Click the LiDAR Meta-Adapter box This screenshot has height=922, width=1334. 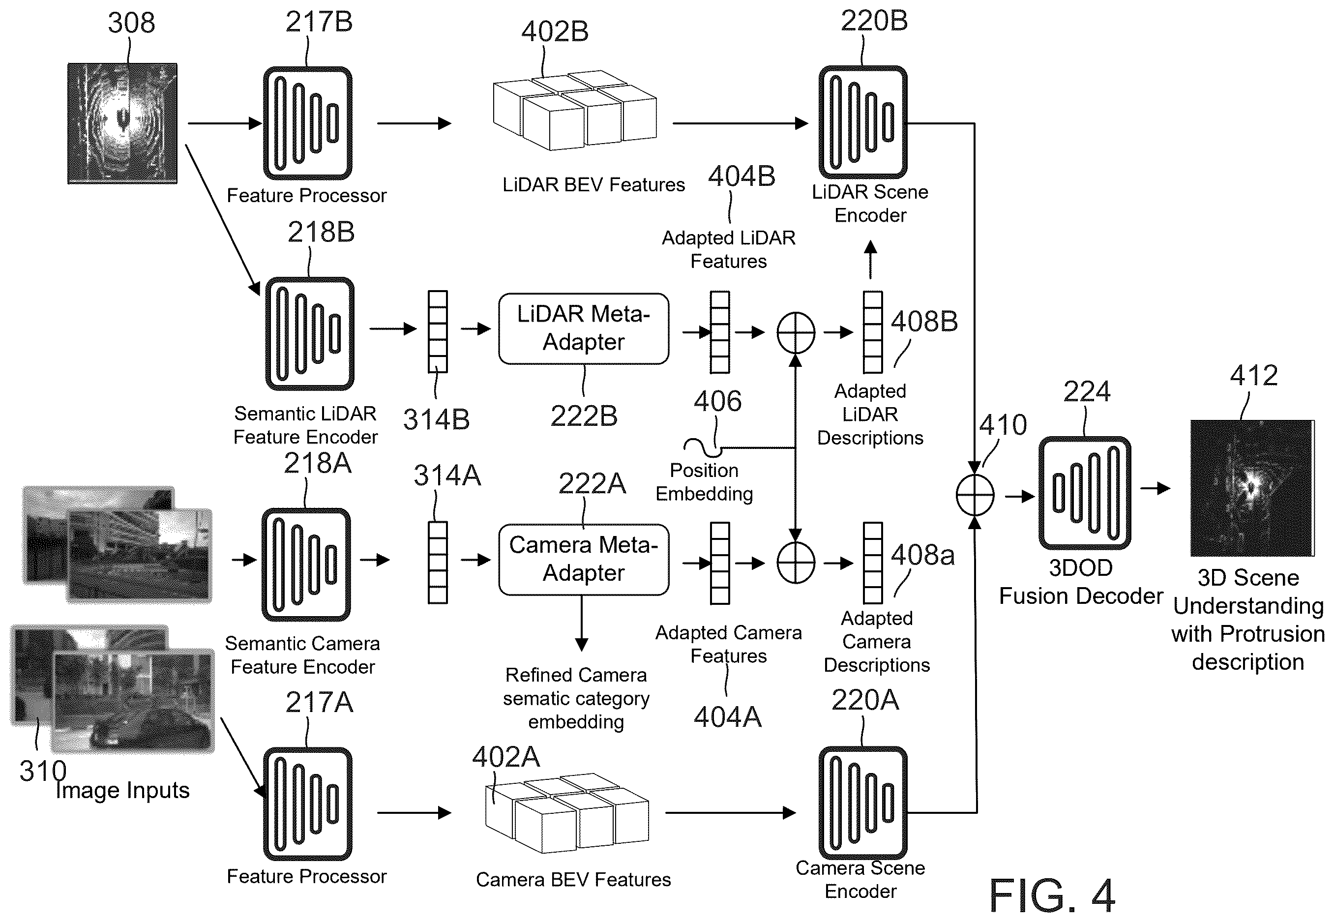coord(584,328)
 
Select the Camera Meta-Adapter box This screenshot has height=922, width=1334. coord(584,559)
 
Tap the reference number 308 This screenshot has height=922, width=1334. coord(131,23)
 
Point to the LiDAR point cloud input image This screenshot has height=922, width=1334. coord(122,123)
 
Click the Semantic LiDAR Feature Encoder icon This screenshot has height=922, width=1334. coord(310,333)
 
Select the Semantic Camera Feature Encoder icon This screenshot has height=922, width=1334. coord(306,565)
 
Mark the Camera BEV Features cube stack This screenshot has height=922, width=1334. coord(567,813)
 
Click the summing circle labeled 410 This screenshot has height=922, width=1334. coord(975,495)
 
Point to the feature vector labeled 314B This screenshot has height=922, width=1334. coord(438,331)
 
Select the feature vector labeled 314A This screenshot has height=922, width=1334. coord(438,563)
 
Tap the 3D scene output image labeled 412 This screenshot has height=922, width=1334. coord(1252,488)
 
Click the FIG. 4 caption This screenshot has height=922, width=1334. coord(1052,895)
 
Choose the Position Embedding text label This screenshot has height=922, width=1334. coord(704,482)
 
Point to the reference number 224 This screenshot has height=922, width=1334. coord(1087,392)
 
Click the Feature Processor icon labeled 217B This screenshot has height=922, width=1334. coord(308,123)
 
